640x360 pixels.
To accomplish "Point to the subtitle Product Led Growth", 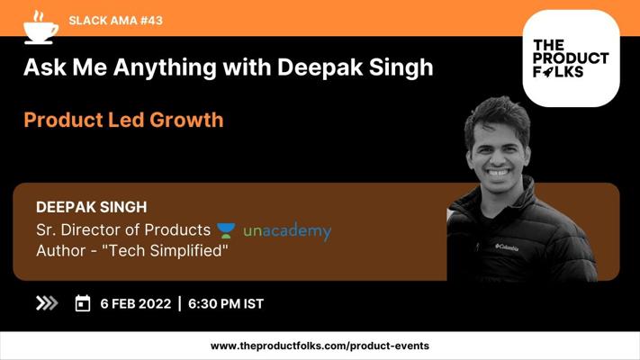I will (x=123, y=120).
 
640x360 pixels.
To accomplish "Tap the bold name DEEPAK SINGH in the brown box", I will (x=91, y=207).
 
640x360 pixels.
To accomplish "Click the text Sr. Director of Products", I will (x=123, y=229).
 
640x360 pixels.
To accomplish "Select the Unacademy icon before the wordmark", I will (x=226, y=230).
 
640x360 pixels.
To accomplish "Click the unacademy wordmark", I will (x=287, y=230).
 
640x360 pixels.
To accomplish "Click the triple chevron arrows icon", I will (x=47, y=303).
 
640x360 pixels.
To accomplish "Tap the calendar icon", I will (x=83, y=303).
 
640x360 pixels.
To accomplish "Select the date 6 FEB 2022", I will (x=136, y=303).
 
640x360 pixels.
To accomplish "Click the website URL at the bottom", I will (x=320, y=346).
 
